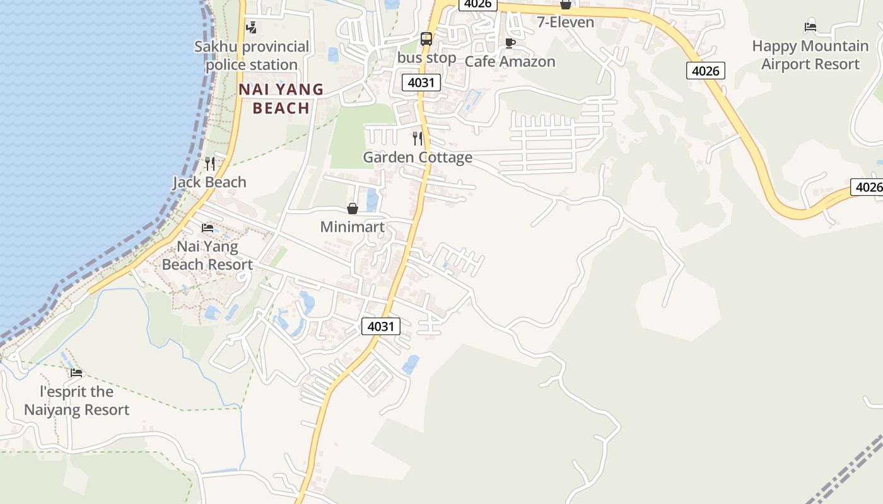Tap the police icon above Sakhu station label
coord(252,27)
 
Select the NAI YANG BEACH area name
coord(281,98)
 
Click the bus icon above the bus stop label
coord(426,39)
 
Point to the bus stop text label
coord(426,58)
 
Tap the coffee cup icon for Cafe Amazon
coord(510,43)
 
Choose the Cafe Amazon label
coord(510,62)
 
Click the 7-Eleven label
coord(565,23)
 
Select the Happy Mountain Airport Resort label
coord(810,55)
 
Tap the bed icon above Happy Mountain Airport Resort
coord(810,27)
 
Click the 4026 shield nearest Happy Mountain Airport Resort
coord(705,71)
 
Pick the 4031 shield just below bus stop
coord(421,83)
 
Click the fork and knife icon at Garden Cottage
coord(417,138)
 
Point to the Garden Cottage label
coord(417,157)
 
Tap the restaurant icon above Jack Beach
coord(210,164)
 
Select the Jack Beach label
coord(209,183)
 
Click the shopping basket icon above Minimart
coord(353,209)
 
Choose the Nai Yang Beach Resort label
coord(208,255)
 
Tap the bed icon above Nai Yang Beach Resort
coord(208,227)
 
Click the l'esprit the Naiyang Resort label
coord(77,401)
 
